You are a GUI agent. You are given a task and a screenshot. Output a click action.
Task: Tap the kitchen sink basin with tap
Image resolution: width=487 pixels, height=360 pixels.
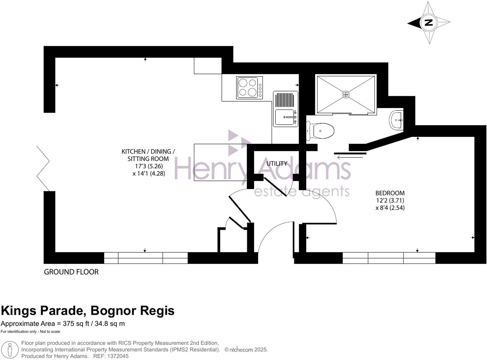pos(284,117)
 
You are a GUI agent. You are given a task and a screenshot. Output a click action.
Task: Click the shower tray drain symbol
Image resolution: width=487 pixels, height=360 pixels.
pos(346,94)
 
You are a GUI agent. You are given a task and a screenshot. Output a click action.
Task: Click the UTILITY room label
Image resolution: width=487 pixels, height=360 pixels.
pos(277,164)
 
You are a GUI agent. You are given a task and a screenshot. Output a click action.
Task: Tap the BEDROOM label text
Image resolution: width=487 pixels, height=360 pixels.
pos(390,193)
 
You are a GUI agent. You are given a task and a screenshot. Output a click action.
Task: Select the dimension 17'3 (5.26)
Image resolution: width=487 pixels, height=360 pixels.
pos(149,166)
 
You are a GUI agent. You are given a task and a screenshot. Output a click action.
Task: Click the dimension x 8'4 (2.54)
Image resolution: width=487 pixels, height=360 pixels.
pos(390,208)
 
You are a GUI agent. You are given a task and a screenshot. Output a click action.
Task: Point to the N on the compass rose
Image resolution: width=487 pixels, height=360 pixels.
pos(429,23)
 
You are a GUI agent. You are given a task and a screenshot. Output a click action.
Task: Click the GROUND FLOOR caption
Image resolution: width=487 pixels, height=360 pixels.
pos(71,272)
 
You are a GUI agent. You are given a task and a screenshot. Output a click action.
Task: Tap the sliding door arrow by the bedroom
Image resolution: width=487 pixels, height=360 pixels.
pos(350,157)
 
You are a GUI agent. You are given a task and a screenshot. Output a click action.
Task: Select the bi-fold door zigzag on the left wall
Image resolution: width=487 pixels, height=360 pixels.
pos(43,168)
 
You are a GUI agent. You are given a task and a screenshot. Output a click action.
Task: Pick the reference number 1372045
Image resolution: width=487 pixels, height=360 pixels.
pos(118,356)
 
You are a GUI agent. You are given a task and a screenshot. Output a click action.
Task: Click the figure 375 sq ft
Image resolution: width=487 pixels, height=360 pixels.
pos(76,324)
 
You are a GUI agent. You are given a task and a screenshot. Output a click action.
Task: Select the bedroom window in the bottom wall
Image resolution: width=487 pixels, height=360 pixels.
pos(389,258)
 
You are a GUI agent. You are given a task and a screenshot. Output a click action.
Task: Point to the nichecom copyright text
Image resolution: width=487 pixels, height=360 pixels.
pos(246,350)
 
